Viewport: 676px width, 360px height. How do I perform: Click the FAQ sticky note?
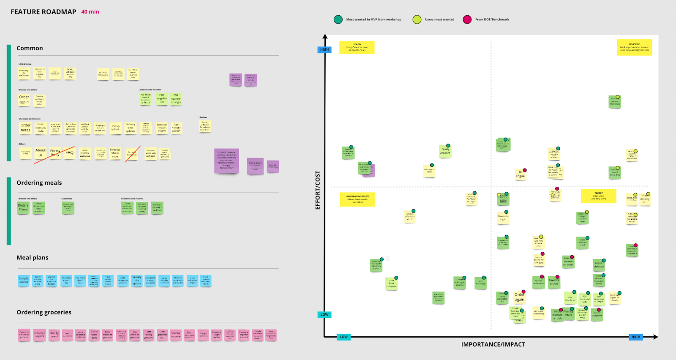pyautogui.click(x=70, y=153)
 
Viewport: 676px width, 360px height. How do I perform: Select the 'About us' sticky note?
pyautogui.click(x=41, y=153)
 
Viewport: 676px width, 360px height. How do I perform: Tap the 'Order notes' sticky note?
pyautogui.click(x=25, y=128)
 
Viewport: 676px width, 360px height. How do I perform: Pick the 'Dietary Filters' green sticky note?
pyautogui.click(x=23, y=207)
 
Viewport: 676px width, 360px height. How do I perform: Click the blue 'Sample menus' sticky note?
pyautogui.click(x=24, y=280)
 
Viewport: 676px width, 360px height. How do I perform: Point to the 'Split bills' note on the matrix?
pyautogui.click(x=503, y=199)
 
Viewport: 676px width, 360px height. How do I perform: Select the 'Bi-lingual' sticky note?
pyautogui.click(x=521, y=174)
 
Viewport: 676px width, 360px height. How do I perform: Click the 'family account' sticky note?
pyautogui.click(x=445, y=151)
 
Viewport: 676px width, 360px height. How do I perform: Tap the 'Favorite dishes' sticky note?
pyautogui.click(x=554, y=282)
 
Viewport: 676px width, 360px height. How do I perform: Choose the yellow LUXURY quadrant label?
pyautogui.click(x=357, y=47)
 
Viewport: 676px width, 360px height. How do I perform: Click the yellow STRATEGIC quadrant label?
pyautogui.click(x=634, y=47)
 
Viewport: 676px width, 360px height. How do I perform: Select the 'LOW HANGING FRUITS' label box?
pyautogui.click(x=357, y=199)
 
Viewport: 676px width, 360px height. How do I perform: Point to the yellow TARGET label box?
pyautogui.click(x=599, y=196)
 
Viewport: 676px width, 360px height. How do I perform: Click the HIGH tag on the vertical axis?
pyautogui.click(x=324, y=50)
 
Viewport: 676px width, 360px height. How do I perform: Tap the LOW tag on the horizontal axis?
pyautogui.click(x=344, y=337)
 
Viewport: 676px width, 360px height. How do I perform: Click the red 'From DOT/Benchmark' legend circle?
pyautogui.click(x=467, y=19)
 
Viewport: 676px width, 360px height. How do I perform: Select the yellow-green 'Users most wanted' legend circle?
pyautogui.click(x=417, y=19)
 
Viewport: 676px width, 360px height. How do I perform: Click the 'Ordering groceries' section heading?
pyautogui.click(x=44, y=312)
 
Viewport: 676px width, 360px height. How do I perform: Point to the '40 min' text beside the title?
pyautogui.click(x=90, y=12)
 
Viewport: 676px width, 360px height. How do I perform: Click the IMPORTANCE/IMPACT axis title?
pyautogui.click(x=493, y=344)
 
